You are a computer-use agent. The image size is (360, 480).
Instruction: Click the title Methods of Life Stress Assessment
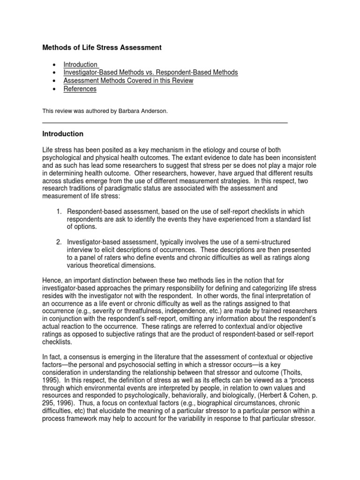pos(102,47)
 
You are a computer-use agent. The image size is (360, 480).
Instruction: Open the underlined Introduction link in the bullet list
pos(81,65)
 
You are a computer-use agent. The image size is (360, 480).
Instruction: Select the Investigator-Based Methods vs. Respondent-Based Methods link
pos(151,73)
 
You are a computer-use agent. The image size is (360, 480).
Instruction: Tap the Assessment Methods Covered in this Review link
pos(128,81)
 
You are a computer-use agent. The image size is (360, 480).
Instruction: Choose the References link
pos(80,89)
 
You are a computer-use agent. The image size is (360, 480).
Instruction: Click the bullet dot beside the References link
pos(55,89)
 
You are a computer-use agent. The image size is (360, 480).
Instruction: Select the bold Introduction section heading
pos(63,134)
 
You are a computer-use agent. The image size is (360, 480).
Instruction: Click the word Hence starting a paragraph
pos(52,280)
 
